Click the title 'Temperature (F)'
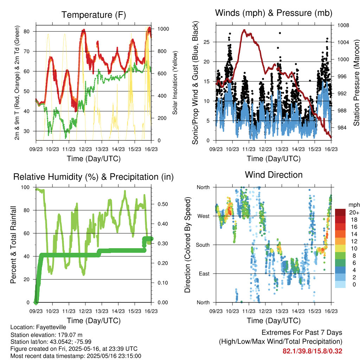coord(94,15)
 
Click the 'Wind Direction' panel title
coord(274,175)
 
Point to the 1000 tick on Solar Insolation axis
coord(163,29)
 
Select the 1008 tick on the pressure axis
coord(343,25)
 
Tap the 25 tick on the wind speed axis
coord(207,42)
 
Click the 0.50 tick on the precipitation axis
coord(163,204)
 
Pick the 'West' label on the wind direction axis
coord(204,216)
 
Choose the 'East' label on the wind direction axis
coord(204,274)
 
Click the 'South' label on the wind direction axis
coord(203,245)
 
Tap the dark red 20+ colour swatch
coord(340,212)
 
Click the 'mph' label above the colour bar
coord(354,205)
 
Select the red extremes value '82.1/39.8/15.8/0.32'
coord(312,351)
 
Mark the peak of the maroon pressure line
coord(244,30)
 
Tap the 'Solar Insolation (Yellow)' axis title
coord(175,83)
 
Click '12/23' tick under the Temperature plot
coord(85,149)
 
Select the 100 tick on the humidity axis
coord(25,187)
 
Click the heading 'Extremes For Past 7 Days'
coord(302,333)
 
